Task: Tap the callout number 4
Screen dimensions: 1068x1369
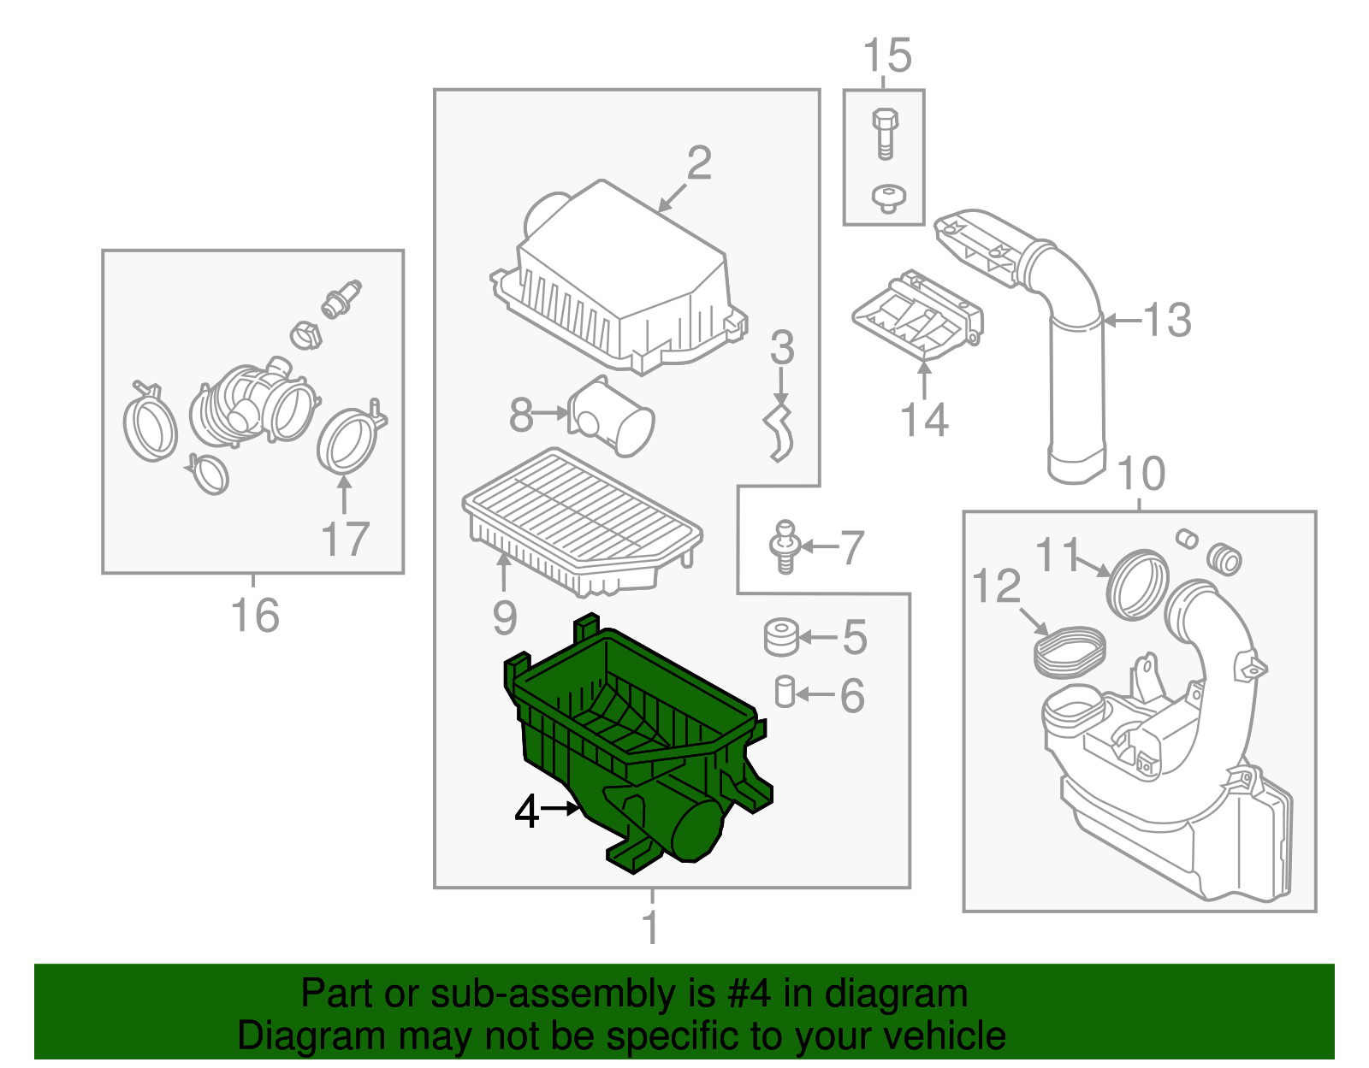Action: pos(527,811)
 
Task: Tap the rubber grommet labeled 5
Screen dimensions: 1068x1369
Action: pos(780,638)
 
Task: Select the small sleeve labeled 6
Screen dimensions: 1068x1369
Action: pos(785,692)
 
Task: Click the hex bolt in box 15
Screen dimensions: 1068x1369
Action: pos(886,133)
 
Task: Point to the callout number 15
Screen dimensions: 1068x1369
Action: pos(886,56)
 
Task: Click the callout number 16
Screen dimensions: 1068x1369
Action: pos(255,616)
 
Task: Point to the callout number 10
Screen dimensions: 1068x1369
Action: pos(1141,474)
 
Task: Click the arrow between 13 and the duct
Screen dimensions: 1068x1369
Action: pos(1123,321)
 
